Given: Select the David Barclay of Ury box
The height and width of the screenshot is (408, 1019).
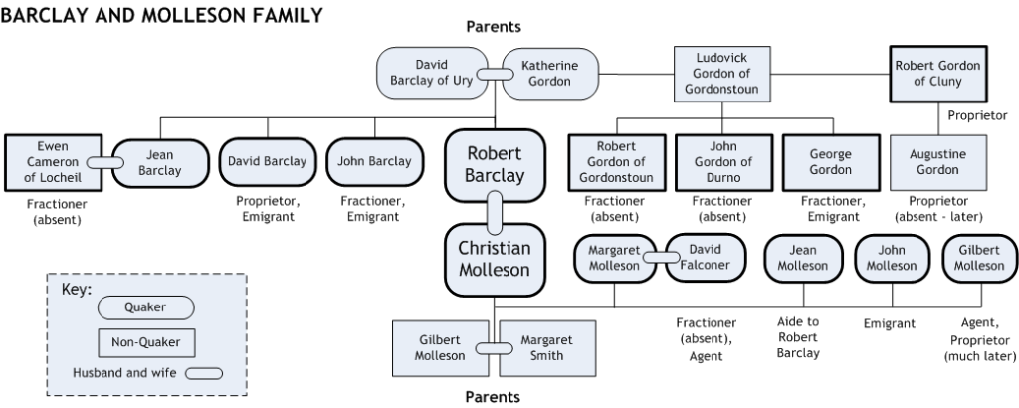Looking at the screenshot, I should (432, 73).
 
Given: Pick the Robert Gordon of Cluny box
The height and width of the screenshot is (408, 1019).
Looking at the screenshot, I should (937, 73).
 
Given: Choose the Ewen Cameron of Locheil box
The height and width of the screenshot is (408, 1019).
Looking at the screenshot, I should (45, 162).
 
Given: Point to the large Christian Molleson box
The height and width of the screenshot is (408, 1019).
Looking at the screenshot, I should (494, 259).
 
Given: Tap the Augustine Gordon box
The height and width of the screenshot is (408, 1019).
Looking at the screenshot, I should (937, 162).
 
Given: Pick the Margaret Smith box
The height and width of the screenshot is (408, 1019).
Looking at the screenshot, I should (546, 347).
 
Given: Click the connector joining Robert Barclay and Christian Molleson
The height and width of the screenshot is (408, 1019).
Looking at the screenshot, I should (494, 211).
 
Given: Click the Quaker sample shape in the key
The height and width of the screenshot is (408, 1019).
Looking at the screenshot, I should (145, 308).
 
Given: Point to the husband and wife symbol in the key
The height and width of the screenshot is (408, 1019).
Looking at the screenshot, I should (211, 374).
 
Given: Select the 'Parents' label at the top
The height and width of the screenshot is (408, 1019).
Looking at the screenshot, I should (494, 27).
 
